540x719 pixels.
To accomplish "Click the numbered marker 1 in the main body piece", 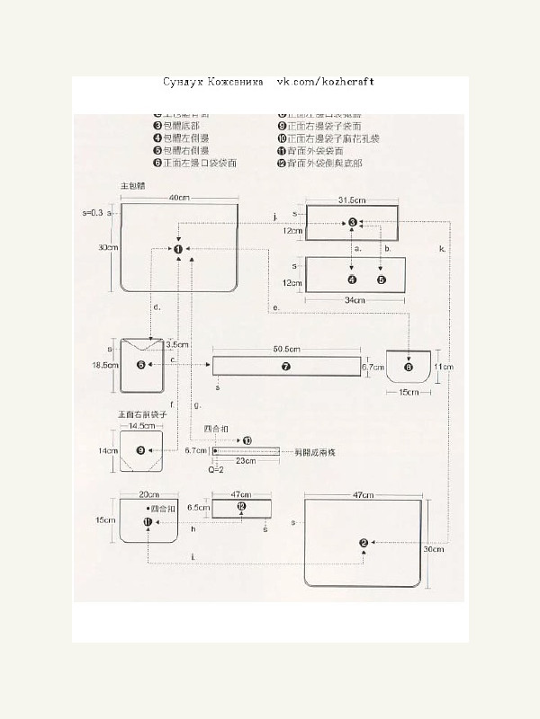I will pyautogui.click(x=178, y=249).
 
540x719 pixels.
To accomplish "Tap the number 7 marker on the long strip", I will pyautogui.click(x=285, y=366).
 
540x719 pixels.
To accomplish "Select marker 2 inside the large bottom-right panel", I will pyautogui.click(x=364, y=542).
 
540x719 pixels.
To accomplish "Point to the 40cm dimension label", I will pyautogui.click(x=177, y=197).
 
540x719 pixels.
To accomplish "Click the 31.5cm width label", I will pyautogui.click(x=351, y=199).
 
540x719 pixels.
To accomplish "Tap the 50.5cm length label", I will pyautogui.click(x=286, y=349).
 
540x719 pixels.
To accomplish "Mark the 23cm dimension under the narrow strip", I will pyautogui.click(x=242, y=460).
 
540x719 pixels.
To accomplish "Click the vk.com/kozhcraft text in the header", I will pyautogui.click(x=325, y=82).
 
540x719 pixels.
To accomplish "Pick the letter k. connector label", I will pyautogui.click(x=442, y=247).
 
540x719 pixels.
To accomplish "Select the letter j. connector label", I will pyautogui.click(x=274, y=216).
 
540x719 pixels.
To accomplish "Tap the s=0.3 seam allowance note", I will pyautogui.click(x=94, y=213).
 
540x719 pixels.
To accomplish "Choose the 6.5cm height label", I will pyautogui.click(x=197, y=507).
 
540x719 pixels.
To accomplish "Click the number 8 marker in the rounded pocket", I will pyautogui.click(x=409, y=366).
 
